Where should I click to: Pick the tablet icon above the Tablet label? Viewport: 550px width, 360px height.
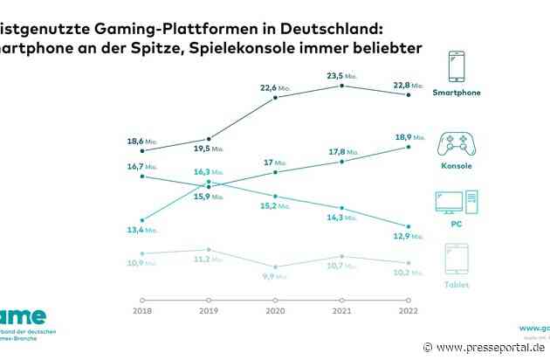pos(457,259)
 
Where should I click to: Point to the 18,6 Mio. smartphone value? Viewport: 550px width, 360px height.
pos(141,140)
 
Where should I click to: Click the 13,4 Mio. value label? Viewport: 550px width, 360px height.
pos(141,231)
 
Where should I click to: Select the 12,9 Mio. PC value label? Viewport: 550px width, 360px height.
pos(407,237)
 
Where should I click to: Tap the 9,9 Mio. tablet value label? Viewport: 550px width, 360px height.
pos(276,276)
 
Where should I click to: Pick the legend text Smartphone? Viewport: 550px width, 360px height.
pos(457,92)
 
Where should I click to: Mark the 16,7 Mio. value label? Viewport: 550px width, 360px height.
pos(141,166)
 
